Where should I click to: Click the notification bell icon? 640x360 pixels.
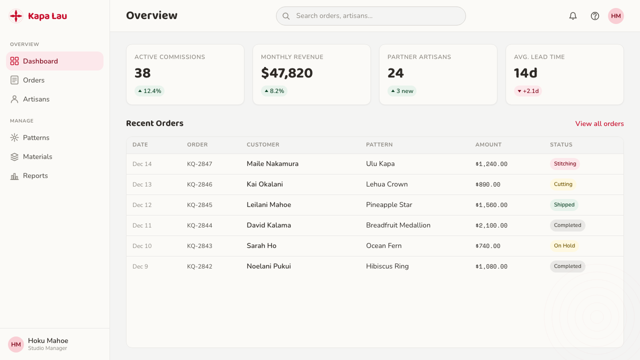pos(573,16)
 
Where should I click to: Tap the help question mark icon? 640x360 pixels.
pos(595,16)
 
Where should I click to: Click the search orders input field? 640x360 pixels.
pos(371,16)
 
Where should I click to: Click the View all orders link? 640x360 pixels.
pos(599,123)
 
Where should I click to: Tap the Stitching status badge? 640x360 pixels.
pos(565,163)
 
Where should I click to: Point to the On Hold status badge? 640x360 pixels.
pos(564,245)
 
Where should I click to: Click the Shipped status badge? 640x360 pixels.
pos(564,205)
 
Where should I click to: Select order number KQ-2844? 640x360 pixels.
pos(199,225)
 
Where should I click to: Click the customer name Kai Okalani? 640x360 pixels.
pos(265,184)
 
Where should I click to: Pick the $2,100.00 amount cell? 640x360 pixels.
pos(491,225)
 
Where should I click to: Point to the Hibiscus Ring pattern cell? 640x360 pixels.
pos(387,266)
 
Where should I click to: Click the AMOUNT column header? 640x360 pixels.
pos(488,144)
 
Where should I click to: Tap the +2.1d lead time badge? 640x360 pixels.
pos(528,91)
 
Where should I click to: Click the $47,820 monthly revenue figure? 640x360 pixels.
pos(287,73)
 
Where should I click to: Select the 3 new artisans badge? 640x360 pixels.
pos(401,91)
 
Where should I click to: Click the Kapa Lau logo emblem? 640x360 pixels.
pos(16,16)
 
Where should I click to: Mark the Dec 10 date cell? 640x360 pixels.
pos(142,246)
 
